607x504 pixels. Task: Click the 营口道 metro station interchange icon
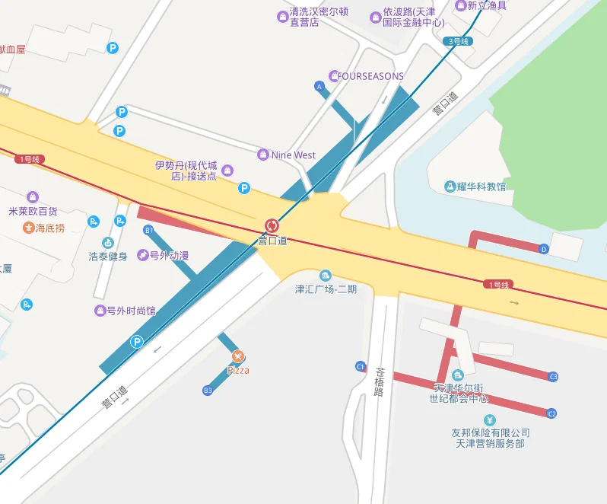(x=272, y=225)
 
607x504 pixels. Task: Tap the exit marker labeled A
(x=319, y=87)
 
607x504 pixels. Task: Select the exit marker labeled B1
(x=148, y=230)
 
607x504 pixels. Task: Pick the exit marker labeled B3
(x=208, y=391)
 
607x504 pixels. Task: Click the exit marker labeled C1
(x=361, y=367)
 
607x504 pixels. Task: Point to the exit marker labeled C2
(x=552, y=413)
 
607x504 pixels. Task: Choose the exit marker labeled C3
(x=553, y=377)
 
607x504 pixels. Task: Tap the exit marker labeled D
(x=543, y=249)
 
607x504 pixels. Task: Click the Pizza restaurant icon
(x=238, y=356)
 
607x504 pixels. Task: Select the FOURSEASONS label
(x=370, y=76)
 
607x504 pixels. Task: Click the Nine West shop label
(x=293, y=155)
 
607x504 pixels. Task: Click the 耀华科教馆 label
(x=481, y=187)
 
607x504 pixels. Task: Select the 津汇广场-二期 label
(x=326, y=289)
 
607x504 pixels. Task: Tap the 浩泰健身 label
(x=108, y=257)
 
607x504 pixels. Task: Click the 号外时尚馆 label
(x=131, y=311)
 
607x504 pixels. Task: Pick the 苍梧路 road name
(x=380, y=383)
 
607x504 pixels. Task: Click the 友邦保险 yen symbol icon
(x=490, y=420)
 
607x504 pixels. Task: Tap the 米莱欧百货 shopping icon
(x=32, y=198)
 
